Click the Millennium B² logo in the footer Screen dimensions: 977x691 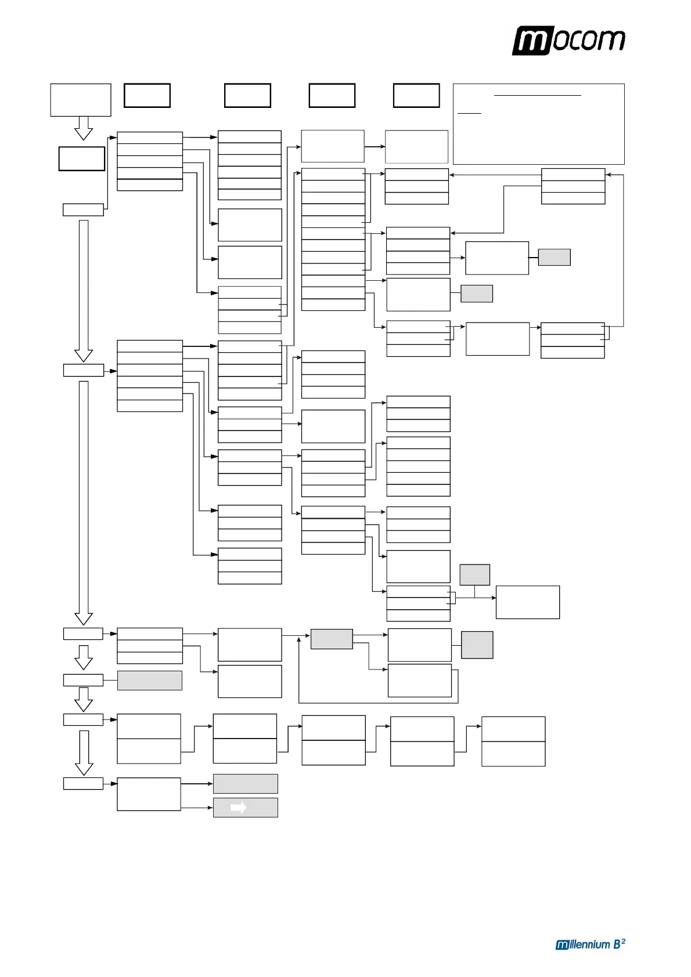pyautogui.click(x=590, y=944)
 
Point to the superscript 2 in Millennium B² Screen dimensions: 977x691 pyautogui.click(x=623, y=940)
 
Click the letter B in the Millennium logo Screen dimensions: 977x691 pyautogui.click(x=617, y=945)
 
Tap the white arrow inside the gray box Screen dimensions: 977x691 pyautogui.click(x=238, y=808)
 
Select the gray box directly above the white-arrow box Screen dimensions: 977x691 pyautogui.click(x=245, y=784)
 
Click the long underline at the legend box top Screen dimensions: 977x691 pyautogui.click(x=538, y=95)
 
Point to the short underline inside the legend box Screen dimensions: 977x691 pyautogui.click(x=469, y=113)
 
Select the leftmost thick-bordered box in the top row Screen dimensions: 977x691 pyautogui.click(x=147, y=96)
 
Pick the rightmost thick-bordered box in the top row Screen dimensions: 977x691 pyautogui.click(x=416, y=96)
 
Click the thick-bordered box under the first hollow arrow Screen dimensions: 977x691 pyautogui.click(x=82, y=158)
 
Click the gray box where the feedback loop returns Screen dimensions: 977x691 pyautogui.click(x=332, y=639)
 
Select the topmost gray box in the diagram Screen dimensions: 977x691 pyautogui.click(x=554, y=257)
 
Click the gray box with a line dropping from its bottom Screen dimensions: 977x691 pyautogui.click(x=474, y=574)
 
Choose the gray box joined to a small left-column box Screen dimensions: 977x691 pyautogui.click(x=150, y=680)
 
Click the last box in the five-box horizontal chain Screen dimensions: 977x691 pyautogui.click(x=513, y=741)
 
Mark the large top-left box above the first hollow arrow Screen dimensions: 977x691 pyautogui.click(x=81, y=100)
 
